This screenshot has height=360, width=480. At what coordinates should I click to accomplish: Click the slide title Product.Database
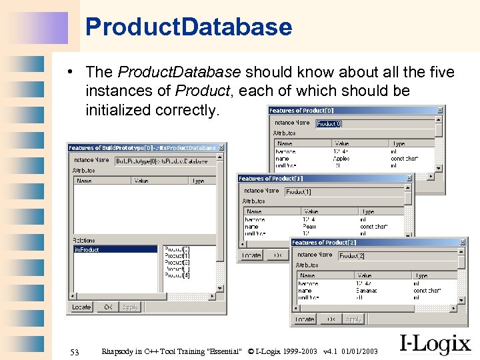click(x=189, y=27)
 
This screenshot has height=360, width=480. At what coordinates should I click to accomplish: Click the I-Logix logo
click(x=435, y=343)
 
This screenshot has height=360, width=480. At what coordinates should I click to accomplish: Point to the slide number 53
click(x=75, y=351)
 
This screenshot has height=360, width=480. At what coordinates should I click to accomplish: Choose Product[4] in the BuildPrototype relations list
click(x=177, y=275)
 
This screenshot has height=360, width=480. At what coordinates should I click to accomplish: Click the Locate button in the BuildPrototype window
click(x=81, y=307)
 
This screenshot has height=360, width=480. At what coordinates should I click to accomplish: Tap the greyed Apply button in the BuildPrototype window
click(x=130, y=307)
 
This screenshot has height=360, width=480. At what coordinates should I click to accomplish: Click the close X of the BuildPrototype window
click(x=221, y=147)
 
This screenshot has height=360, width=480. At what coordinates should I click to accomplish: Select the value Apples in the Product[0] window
click(x=341, y=159)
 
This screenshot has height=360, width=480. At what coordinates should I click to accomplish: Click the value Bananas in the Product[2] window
click(x=367, y=291)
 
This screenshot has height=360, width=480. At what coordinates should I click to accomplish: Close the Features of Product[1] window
click(x=409, y=178)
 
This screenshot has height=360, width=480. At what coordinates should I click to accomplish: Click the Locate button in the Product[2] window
click(x=305, y=319)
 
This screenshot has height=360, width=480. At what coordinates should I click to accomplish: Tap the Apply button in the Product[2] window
click(x=353, y=319)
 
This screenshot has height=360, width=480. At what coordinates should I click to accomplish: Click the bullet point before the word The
click(x=79, y=72)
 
